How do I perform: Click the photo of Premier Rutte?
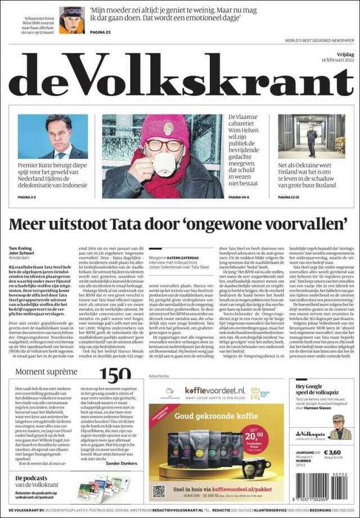[x=53, y=137]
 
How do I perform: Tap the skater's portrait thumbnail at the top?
[x=72, y=21]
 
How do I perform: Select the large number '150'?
[x=115, y=376]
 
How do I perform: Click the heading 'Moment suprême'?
[x=46, y=372]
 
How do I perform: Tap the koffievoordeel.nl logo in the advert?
[x=209, y=390]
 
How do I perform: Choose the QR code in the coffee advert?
[x=159, y=489]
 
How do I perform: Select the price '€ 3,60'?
[x=331, y=452]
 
